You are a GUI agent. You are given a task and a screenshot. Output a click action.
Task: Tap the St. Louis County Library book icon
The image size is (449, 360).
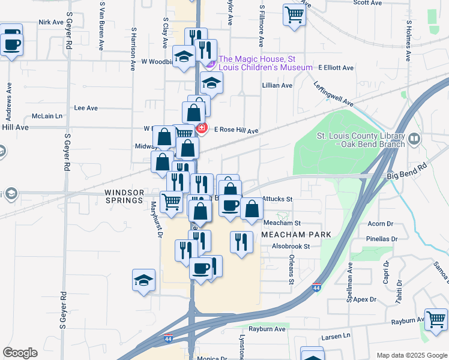pos(414,140)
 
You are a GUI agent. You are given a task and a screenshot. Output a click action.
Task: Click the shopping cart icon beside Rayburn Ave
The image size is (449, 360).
pos(436,318)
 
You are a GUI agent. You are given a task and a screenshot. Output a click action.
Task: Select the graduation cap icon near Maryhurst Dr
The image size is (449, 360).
pos(143,281)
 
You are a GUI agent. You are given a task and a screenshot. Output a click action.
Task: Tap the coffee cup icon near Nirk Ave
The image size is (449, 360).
pos(11,44)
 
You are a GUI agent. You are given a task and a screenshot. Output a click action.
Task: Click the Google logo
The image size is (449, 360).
pos(20,353)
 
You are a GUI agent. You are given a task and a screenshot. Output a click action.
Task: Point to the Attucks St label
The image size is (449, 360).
pos(277,199)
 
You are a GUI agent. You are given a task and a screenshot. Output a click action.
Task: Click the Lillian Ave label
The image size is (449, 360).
pos(277,86)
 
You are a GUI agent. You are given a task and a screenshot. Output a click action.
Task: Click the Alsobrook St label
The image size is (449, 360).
pos(291,246)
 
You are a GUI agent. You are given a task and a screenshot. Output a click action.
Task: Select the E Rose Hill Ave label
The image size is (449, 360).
pos(236,130)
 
